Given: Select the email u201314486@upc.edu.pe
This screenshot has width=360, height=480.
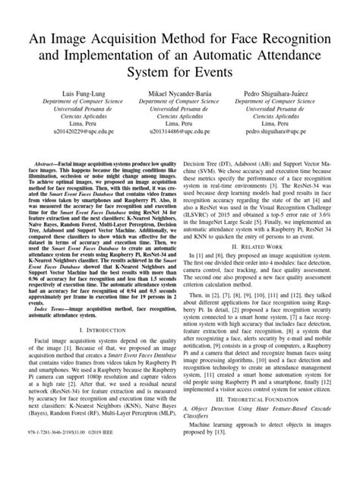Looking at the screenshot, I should pos(180,153).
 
